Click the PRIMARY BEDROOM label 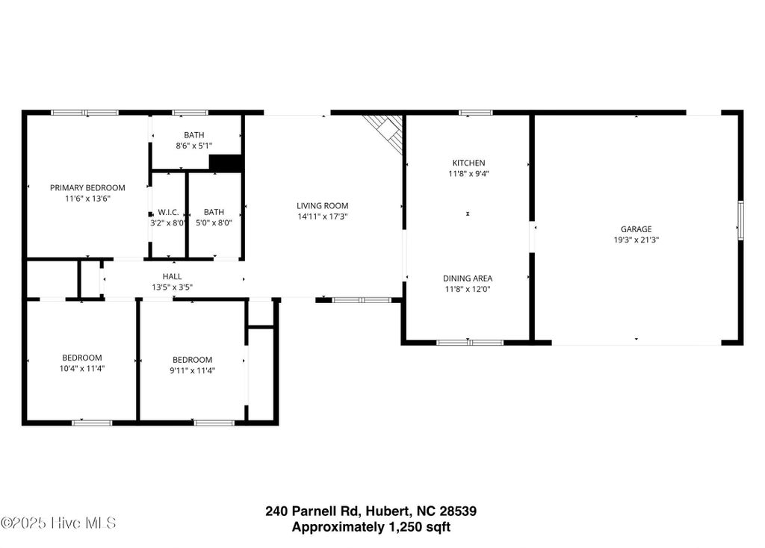[87, 187]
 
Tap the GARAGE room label [637, 228]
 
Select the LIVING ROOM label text [323, 206]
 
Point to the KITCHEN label [469, 163]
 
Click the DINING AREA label [468, 278]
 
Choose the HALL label [173, 276]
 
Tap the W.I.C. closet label [168, 212]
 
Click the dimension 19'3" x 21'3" [637, 240]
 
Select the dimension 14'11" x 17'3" [323, 217]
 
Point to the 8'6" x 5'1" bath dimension [194, 146]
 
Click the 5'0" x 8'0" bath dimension [214, 222]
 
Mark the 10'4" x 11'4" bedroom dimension [82, 369]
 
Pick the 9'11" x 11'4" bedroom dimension [192, 370]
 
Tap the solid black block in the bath [226, 163]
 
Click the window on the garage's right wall [740, 220]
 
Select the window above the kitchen [476, 113]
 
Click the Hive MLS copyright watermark [58, 523]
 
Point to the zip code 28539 [458, 511]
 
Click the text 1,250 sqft [420, 527]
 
